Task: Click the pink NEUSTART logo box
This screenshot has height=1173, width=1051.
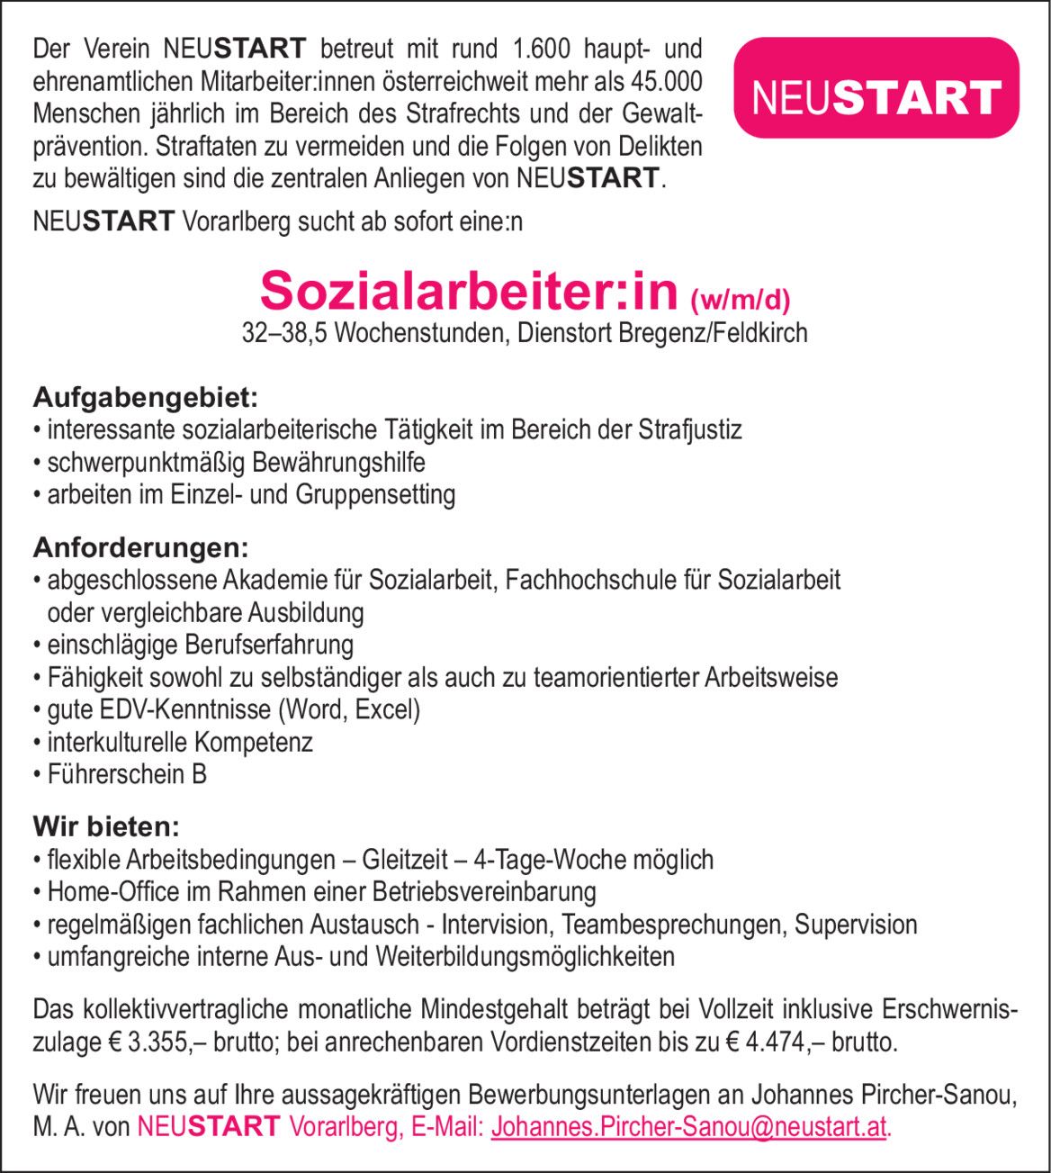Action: [x=876, y=88]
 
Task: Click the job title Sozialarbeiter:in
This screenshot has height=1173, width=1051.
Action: [x=468, y=290]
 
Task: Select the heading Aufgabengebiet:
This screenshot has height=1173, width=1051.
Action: [x=146, y=396]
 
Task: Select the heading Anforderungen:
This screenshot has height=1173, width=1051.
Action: [x=140, y=546]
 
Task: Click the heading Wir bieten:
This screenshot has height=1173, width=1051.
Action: [x=106, y=826]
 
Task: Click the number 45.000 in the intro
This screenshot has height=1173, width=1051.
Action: [x=667, y=82]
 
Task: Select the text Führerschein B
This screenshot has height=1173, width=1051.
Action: [x=127, y=774]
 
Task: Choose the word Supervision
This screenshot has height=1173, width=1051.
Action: [x=856, y=925]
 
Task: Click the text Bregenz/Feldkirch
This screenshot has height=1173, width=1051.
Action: [x=713, y=333]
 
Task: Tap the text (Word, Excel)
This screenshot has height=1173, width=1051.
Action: [x=350, y=709]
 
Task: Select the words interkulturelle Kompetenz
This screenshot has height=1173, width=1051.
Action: [x=180, y=742]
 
